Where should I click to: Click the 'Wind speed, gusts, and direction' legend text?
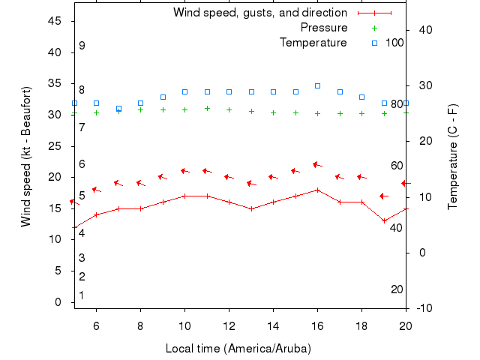coord(259,13)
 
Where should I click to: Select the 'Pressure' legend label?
coord(324,28)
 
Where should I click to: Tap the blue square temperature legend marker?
coord(375,43)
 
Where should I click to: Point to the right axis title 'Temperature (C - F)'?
coord(453,156)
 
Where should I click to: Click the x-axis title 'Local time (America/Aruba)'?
coord(238,349)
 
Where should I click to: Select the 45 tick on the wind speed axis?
coord(54,21)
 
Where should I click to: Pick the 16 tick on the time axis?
coord(317,325)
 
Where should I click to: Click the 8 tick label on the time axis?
coord(140,325)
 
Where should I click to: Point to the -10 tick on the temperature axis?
coord(423,308)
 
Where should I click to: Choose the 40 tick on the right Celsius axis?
coord(423,29)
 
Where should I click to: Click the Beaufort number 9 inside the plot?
coord(82,46)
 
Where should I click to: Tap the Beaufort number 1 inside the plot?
coord(82,295)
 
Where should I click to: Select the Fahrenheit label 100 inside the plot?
coord(394,43)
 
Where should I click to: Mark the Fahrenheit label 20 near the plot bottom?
coord(397,289)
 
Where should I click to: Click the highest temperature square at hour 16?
coord(317,86)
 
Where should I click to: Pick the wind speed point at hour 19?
coord(384,220)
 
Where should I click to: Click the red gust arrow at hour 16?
coord(317,165)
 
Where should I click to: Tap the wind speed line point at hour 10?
coord(184,196)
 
